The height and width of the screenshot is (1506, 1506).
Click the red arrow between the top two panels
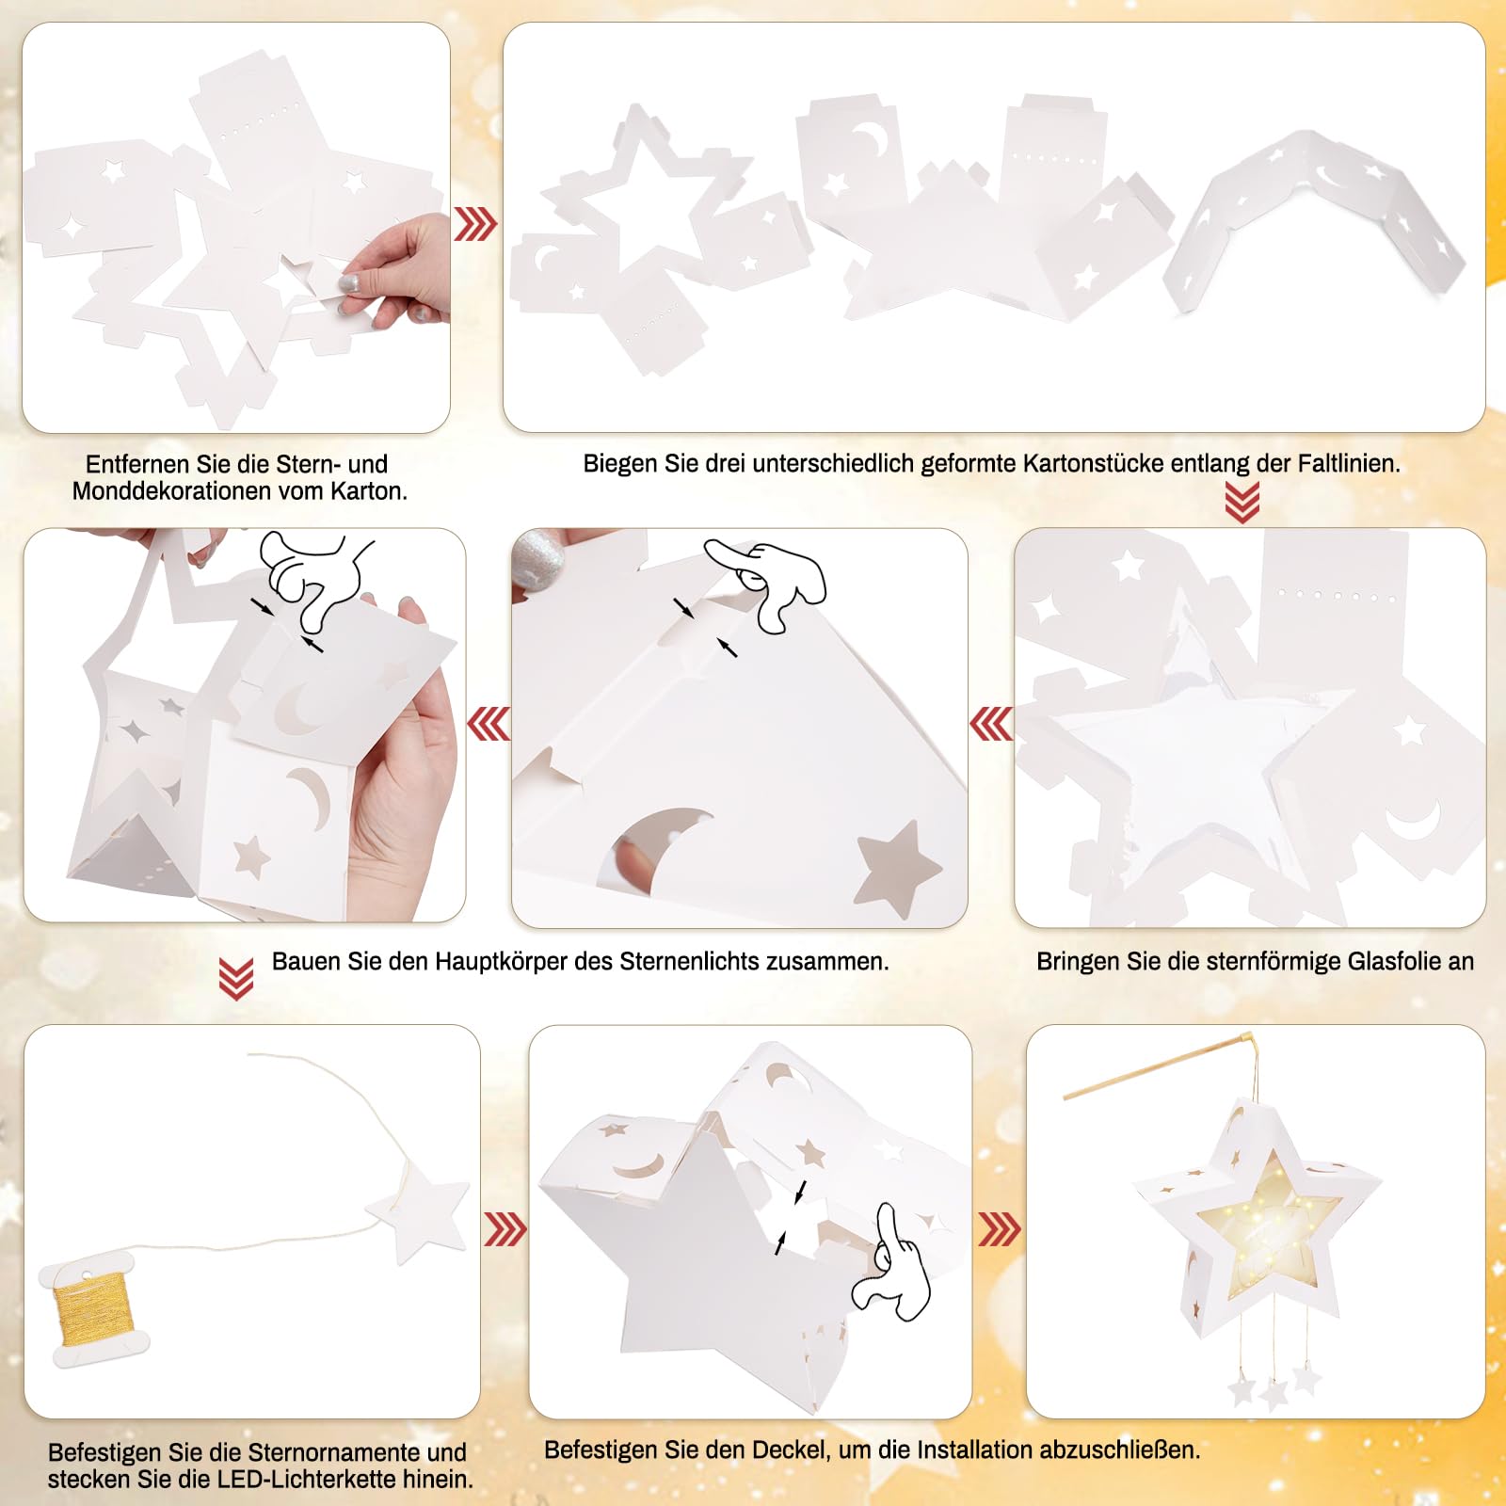(x=475, y=224)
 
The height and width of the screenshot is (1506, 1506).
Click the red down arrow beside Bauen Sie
(x=235, y=979)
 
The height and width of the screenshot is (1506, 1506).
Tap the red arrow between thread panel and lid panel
(x=505, y=1229)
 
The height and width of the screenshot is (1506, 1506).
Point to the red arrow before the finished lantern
(x=1000, y=1229)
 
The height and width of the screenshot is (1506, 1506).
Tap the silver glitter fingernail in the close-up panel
(x=538, y=561)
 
